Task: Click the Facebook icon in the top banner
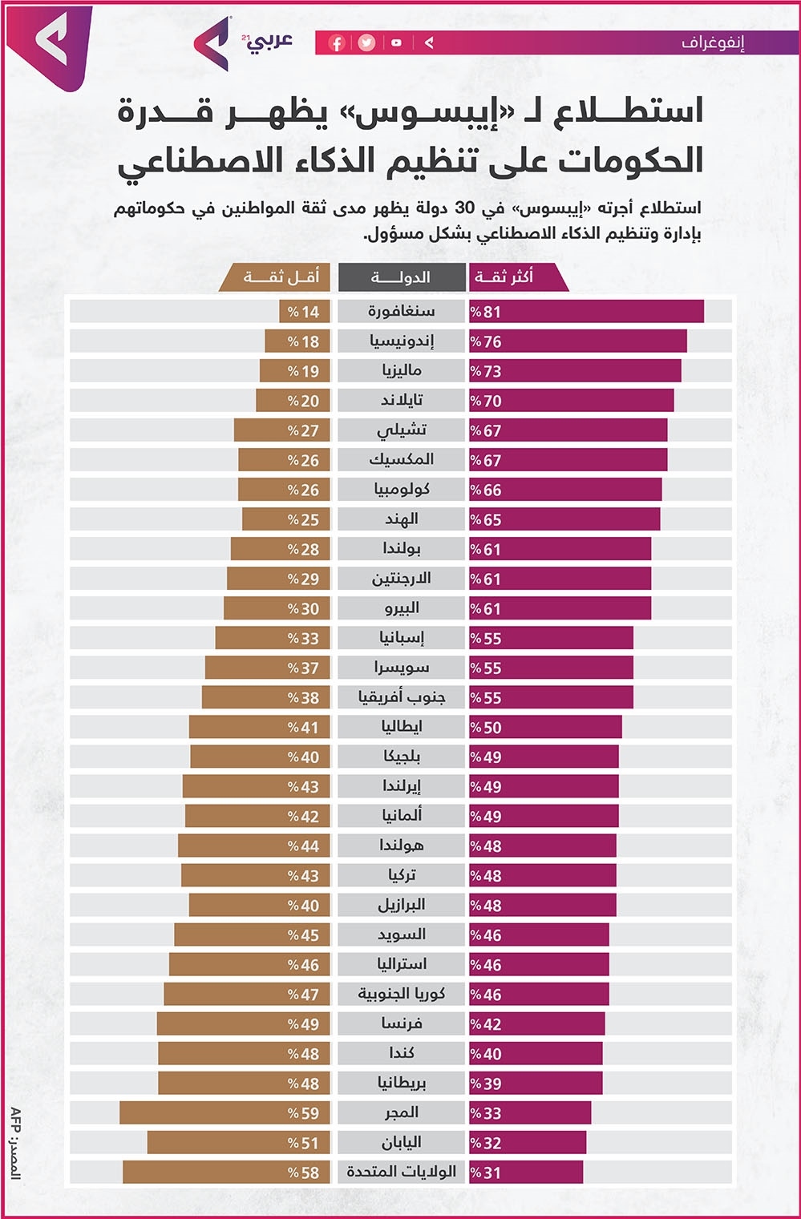(337, 43)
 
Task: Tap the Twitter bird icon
(366, 43)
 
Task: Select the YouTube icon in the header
(396, 43)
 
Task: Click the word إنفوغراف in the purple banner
(713, 42)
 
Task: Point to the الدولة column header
(401, 277)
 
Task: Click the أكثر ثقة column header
(504, 277)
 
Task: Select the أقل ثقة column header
(281, 277)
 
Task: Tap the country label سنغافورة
(401, 311)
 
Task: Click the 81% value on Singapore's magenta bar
(486, 312)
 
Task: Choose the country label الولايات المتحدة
(401, 1172)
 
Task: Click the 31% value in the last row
(486, 1173)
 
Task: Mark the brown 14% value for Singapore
(304, 312)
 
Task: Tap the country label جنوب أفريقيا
(401, 697)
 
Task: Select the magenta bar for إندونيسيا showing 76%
(577, 341)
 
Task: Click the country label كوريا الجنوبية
(401, 994)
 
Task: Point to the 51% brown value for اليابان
(304, 1143)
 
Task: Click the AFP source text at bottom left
(15, 1142)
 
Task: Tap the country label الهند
(401, 519)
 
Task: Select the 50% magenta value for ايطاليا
(486, 728)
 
